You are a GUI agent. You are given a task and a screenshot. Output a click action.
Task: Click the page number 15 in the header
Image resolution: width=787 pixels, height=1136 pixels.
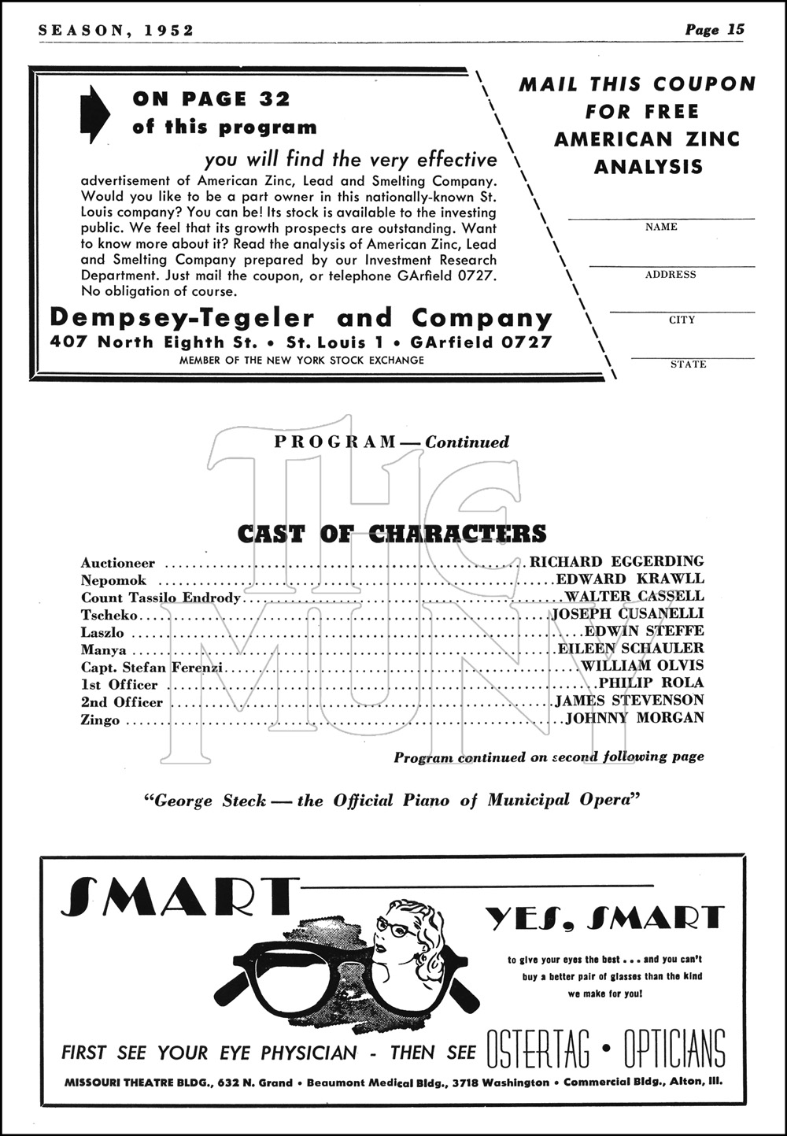[736, 30]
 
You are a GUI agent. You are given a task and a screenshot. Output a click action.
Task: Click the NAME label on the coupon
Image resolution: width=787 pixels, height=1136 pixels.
[661, 227]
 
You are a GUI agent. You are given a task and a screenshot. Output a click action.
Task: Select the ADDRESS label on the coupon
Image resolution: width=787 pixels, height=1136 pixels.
[671, 275]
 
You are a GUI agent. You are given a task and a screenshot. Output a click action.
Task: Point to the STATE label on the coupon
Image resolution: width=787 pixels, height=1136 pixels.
[688, 364]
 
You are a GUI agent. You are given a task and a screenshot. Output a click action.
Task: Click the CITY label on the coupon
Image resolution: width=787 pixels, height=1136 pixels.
[682, 320]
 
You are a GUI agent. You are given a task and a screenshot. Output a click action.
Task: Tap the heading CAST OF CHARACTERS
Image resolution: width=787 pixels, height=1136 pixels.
[391, 534]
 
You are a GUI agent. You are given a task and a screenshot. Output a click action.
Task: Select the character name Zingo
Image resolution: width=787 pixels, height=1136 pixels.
[100, 720]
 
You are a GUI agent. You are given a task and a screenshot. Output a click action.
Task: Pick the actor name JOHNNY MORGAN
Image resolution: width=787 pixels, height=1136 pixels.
[635, 717]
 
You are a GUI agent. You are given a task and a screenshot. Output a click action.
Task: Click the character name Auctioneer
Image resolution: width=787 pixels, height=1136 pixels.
[118, 563]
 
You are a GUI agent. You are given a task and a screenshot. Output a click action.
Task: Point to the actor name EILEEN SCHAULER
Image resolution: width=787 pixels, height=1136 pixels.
[630, 648]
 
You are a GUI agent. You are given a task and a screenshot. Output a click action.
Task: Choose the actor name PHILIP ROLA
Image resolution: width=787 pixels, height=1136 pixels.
[651, 683]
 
